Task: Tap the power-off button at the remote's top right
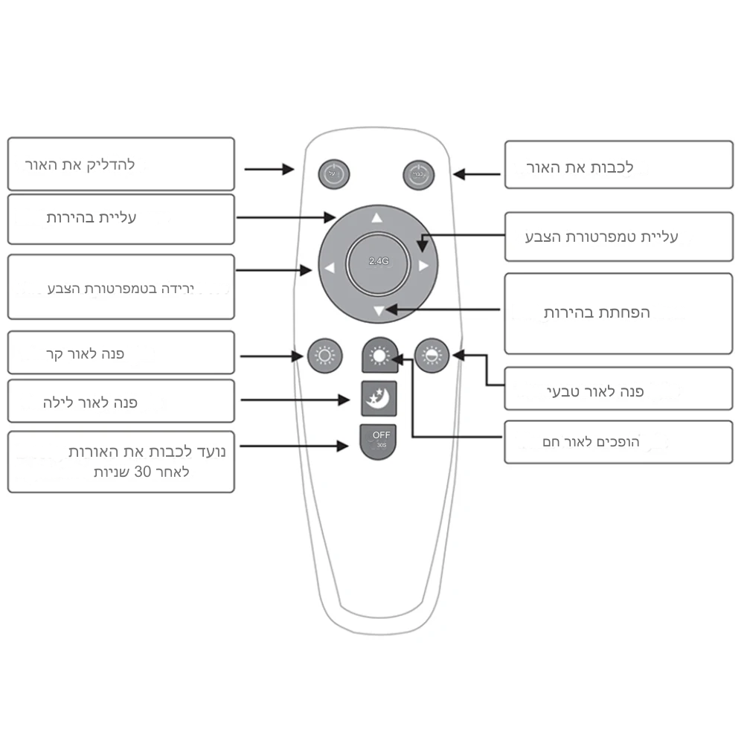[x=417, y=175]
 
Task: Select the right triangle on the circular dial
[x=423, y=265]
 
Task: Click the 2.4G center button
[x=378, y=262]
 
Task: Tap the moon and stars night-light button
[x=379, y=400]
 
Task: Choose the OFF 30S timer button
[x=379, y=440]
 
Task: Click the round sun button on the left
[x=325, y=356]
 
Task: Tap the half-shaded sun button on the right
[x=432, y=356]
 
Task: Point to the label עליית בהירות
[x=92, y=218]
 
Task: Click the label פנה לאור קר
[x=84, y=353]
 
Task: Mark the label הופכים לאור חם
[x=591, y=443]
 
